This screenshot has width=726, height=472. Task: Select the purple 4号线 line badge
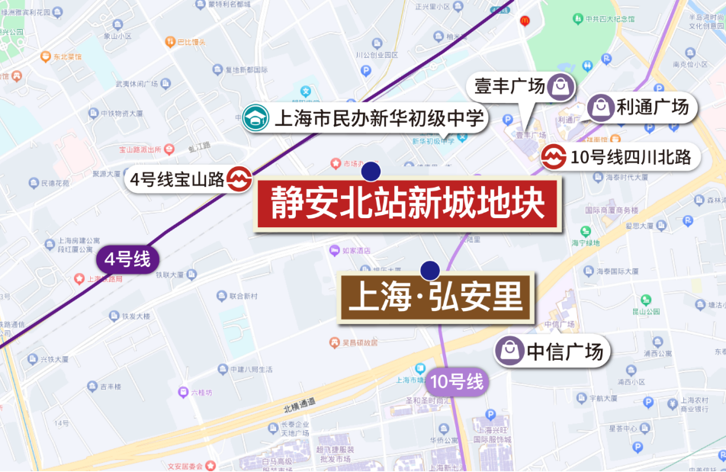127,258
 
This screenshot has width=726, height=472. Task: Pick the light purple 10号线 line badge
457,382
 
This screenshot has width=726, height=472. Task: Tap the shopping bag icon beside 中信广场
509,351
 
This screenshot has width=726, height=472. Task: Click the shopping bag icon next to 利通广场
601,108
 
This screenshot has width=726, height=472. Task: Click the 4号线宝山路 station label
177,179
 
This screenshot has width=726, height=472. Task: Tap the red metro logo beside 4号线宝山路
239,179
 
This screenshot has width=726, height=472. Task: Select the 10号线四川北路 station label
630,158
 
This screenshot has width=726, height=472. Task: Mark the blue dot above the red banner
371,171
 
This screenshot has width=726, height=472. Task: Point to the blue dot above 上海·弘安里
430,270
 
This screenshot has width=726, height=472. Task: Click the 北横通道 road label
297,403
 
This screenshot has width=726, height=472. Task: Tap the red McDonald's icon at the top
525,21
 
